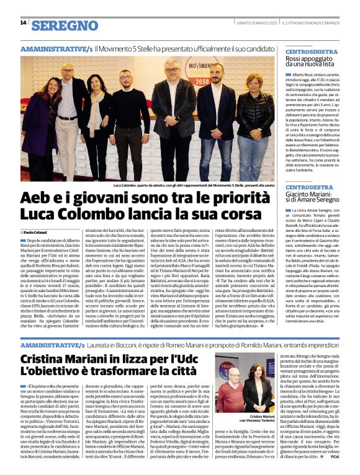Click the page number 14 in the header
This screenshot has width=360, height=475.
(x=23, y=24)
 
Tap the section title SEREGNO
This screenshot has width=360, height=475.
(x=65, y=25)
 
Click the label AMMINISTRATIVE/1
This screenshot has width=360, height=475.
(x=56, y=48)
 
